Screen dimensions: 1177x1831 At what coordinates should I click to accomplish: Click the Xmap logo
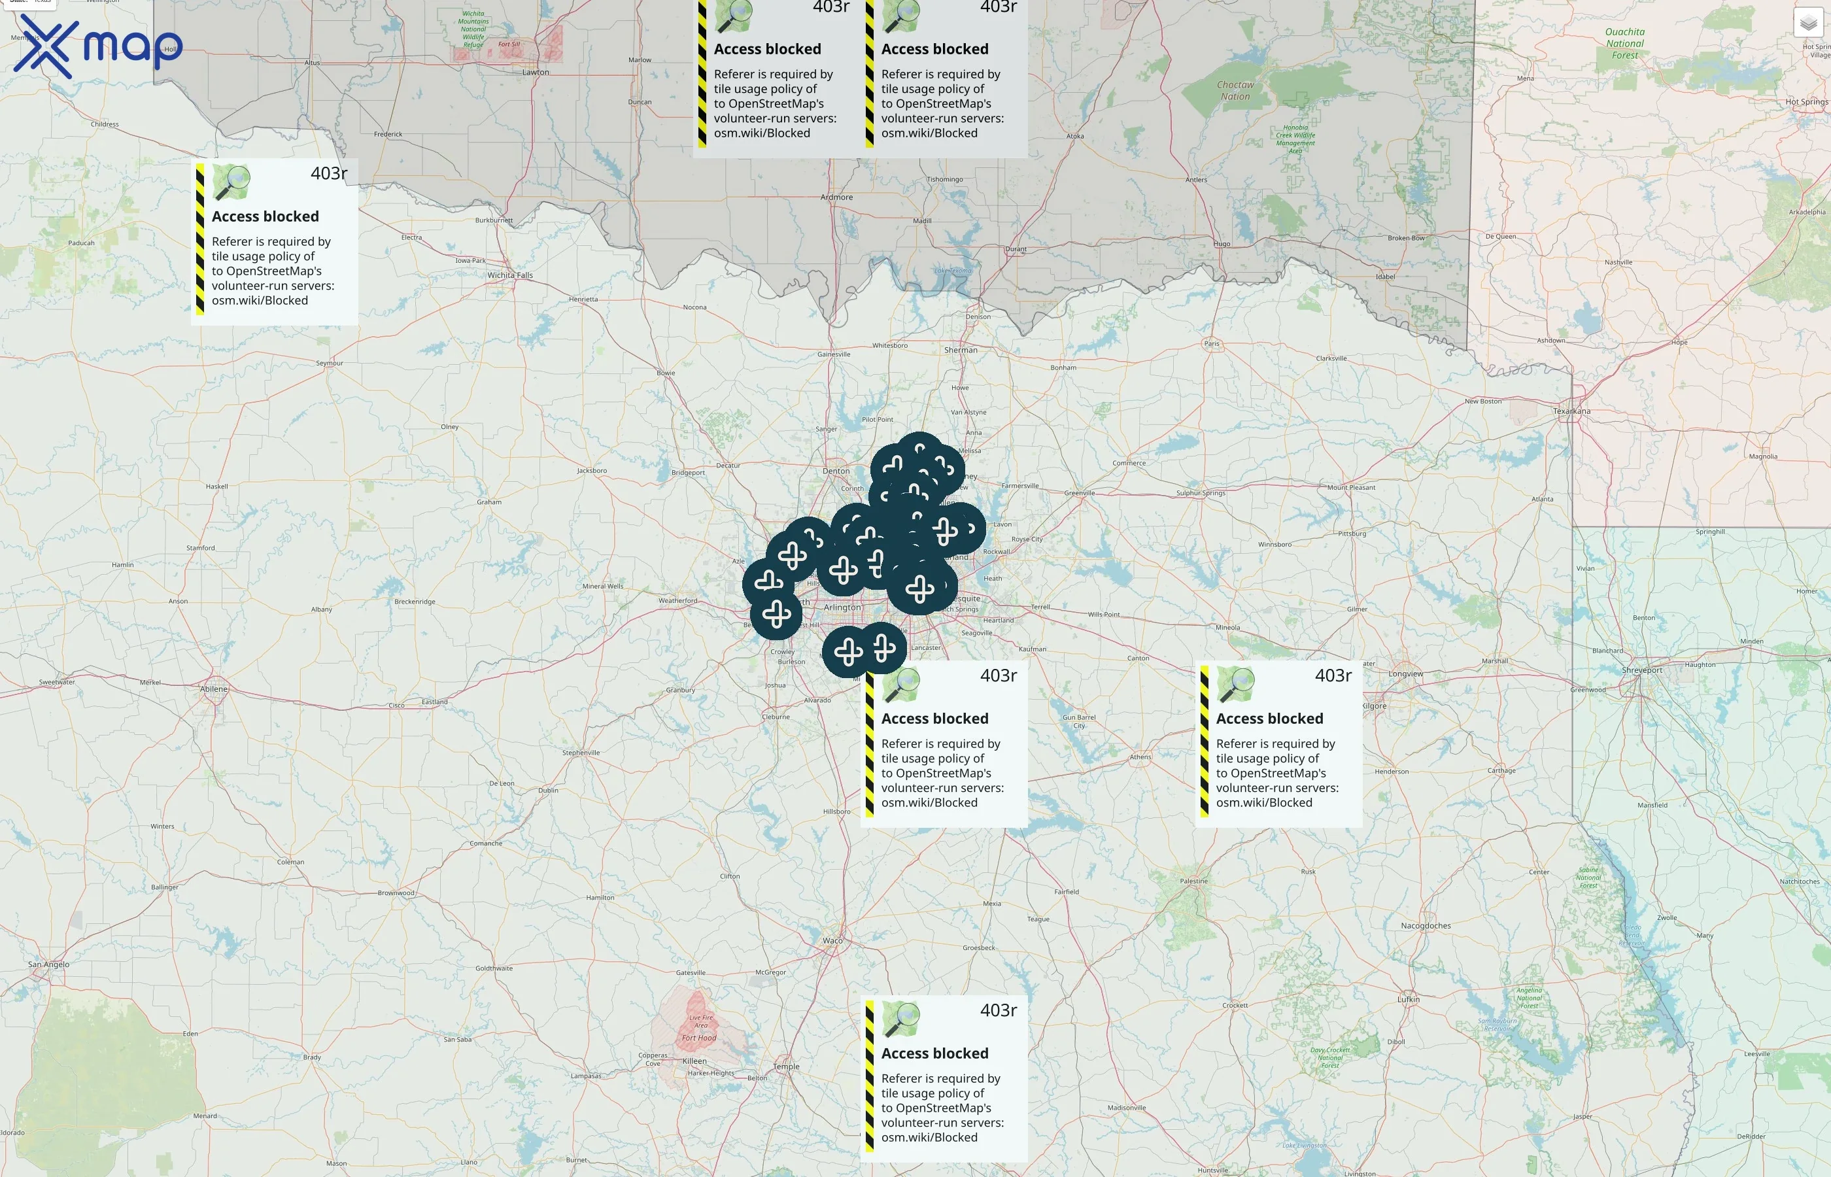[x=98, y=46]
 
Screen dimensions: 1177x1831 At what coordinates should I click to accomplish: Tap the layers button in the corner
[x=1808, y=23]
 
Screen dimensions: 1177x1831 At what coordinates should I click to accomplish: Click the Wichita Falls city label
[x=509, y=275]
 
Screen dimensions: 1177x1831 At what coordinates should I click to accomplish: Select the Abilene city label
[x=214, y=689]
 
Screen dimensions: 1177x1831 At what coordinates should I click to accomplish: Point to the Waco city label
[x=832, y=940]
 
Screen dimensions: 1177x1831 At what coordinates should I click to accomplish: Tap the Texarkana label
[x=1571, y=411]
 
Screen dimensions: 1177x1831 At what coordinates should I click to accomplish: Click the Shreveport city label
[x=1641, y=670]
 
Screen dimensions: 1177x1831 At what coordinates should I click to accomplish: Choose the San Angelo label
[x=48, y=964]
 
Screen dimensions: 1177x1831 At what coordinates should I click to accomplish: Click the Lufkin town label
[x=1408, y=999]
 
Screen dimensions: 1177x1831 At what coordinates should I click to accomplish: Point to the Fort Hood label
[x=698, y=1038]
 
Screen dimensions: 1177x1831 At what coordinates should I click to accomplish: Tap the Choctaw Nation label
[x=1235, y=90]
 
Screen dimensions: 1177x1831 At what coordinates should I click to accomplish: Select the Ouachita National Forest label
[x=1624, y=44]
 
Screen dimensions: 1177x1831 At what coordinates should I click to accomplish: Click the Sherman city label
[x=961, y=350]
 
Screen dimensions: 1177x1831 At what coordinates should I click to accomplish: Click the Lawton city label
[x=535, y=73]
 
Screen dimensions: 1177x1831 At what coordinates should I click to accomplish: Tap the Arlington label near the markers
[x=842, y=607]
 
